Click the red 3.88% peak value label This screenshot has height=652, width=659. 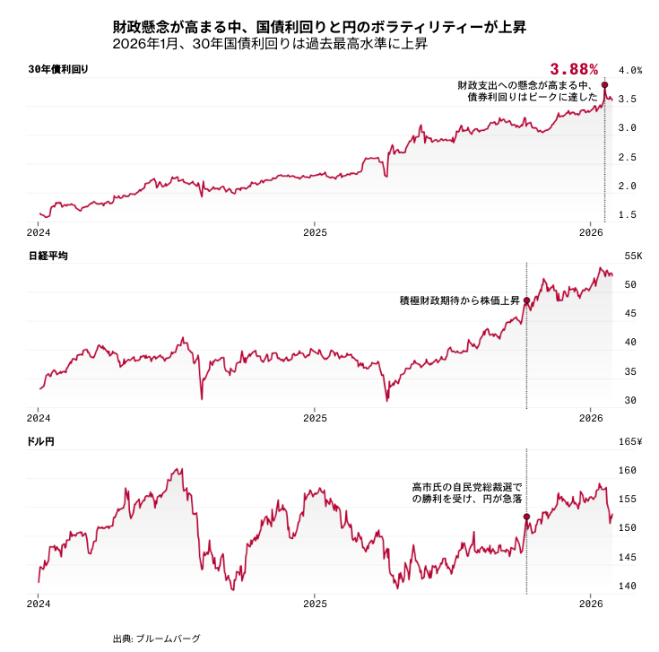[574, 69]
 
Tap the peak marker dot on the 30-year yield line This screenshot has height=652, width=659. [605, 85]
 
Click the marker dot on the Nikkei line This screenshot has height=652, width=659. [526, 300]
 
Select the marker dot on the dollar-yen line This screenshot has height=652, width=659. [526, 517]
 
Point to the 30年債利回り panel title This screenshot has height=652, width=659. [58, 69]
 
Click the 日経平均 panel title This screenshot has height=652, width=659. [48, 256]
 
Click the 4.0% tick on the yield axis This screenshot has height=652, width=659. [630, 70]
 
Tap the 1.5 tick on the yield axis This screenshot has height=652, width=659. [628, 214]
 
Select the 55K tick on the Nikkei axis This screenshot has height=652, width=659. [633, 256]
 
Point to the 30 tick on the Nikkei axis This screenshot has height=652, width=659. [629, 400]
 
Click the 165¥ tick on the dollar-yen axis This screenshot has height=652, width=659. [631, 441]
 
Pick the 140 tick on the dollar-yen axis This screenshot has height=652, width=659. [629, 587]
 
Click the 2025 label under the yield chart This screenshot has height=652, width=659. [315, 231]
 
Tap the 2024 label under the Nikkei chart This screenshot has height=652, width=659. [39, 418]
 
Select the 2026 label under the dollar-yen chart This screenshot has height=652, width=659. [591, 604]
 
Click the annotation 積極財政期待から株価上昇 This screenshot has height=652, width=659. [460, 300]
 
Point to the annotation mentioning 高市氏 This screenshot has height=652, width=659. [466, 492]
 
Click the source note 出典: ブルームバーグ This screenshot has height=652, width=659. [157, 639]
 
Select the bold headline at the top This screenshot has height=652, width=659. [318, 28]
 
